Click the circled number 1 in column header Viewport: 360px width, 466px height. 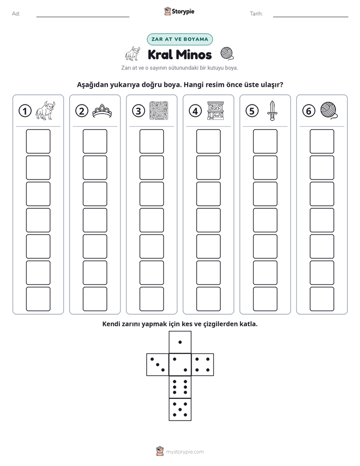click(25, 111)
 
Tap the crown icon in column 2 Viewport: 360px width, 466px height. click(102, 111)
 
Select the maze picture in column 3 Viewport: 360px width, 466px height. click(159, 111)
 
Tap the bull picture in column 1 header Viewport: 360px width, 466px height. click(45, 110)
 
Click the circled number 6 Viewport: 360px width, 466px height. click(309, 111)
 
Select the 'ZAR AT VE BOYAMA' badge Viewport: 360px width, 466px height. click(179, 39)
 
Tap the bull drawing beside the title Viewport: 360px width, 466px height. click(133, 53)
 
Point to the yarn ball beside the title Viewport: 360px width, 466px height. click(227, 53)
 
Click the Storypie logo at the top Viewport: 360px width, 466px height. click(179, 12)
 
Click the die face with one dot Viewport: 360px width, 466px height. click(180, 342)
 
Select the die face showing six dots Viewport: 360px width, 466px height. click(180, 387)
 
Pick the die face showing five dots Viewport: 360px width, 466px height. click(180, 409)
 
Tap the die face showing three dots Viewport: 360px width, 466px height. click(158, 365)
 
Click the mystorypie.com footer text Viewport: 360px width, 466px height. click(185, 452)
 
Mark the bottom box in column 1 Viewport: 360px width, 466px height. click(38, 299)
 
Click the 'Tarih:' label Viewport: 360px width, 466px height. click(256, 14)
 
